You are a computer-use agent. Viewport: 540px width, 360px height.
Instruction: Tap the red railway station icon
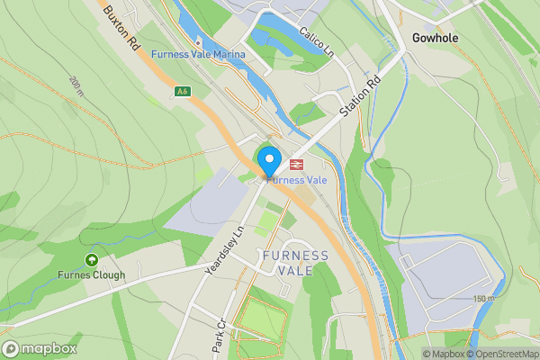click(x=295, y=165)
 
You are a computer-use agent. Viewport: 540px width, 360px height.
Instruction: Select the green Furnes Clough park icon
click(x=91, y=260)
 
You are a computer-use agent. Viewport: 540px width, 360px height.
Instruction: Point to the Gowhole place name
click(x=435, y=38)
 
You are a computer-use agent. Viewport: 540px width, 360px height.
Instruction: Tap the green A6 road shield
click(x=183, y=91)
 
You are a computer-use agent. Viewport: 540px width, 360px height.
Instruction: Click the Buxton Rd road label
click(x=121, y=26)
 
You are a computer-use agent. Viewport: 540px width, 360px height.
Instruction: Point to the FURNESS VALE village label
click(x=295, y=264)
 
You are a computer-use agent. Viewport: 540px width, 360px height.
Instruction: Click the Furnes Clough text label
click(x=91, y=274)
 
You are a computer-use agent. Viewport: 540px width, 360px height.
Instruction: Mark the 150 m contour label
click(x=483, y=299)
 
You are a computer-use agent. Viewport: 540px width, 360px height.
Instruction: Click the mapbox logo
click(x=40, y=348)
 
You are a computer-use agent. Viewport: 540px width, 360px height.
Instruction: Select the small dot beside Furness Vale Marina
click(x=197, y=41)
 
